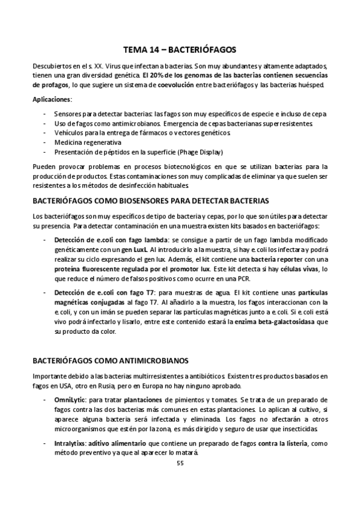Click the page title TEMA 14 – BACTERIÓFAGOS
[x=180, y=51]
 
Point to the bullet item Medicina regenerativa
[x=87, y=143]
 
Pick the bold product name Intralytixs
[x=70, y=443]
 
